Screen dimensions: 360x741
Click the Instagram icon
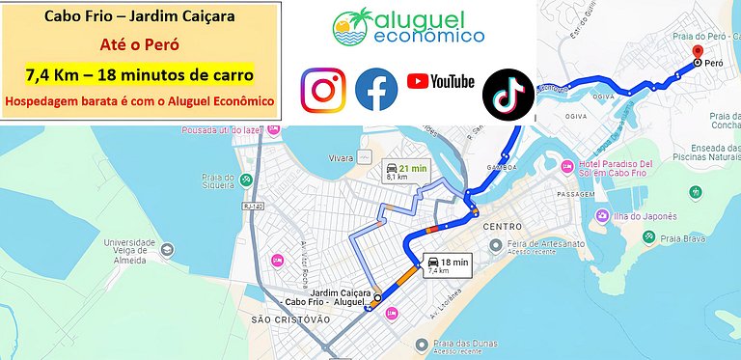pyautogui.click(x=324, y=89)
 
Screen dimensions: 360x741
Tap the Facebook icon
pyautogui.click(x=376, y=89)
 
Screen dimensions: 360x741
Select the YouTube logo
pyautogui.click(x=440, y=81)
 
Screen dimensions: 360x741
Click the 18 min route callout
pyautogui.click(x=444, y=264)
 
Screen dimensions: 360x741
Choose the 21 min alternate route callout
pyautogui.click(x=403, y=170)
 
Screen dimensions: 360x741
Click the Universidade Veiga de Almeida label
pyautogui.click(x=129, y=248)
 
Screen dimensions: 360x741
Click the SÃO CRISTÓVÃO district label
pyautogui.click(x=289, y=318)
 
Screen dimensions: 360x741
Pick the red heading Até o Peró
pyautogui.click(x=141, y=44)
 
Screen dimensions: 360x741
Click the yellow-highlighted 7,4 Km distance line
pyautogui.click(x=141, y=73)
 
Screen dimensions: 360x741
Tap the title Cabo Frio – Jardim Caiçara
pyautogui.click(x=141, y=16)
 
